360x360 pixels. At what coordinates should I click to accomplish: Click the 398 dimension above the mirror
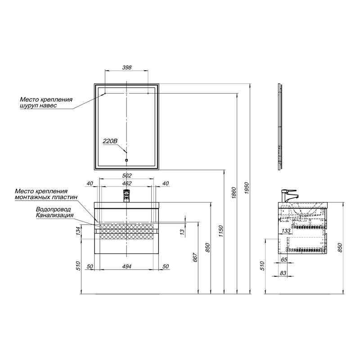pos(127,67)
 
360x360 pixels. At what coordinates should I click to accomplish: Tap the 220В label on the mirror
pos(110,141)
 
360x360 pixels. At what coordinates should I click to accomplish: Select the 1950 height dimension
pos(247,188)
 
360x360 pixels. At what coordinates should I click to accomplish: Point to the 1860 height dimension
pos(234,193)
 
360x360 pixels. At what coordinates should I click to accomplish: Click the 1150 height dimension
pos(221,231)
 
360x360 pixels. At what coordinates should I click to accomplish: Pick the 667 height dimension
pos(195,257)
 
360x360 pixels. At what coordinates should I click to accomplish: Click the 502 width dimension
pos(127,175)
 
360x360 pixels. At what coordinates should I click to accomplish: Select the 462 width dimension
pos(127,184)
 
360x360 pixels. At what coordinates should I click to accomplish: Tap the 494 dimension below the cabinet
pos(127,266)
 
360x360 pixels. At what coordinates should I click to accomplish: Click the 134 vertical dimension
pos(78,231)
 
